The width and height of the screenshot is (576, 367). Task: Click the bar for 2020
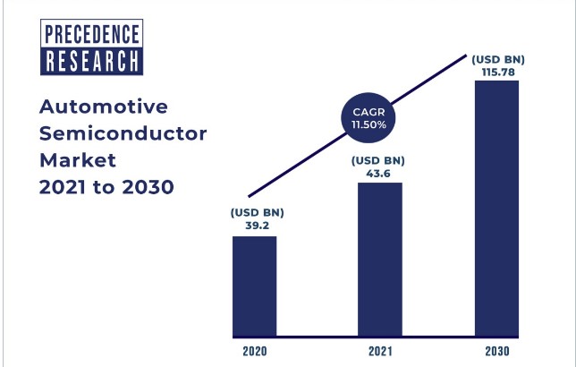tap(255, 284)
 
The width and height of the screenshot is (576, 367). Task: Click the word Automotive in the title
tap(105, 107)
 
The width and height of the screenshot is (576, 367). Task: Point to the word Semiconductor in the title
tap(123, 134)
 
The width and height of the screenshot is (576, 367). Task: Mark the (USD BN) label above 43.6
tap(379, 160)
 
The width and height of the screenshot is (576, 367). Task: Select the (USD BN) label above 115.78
tap(497, 59)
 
